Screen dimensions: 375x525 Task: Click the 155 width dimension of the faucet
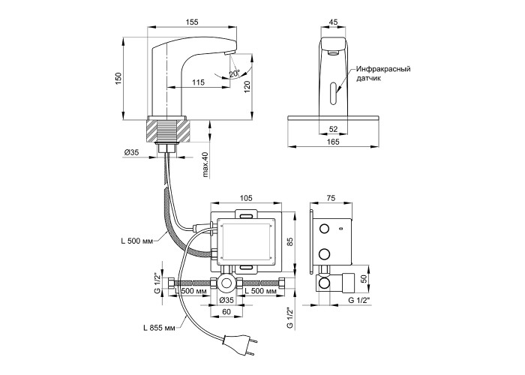tap(192, 22)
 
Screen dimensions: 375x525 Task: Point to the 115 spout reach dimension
tap(198, 82)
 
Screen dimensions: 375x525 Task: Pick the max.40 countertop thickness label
tap(205, 166)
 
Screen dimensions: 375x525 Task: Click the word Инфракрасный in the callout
tap(383, 69)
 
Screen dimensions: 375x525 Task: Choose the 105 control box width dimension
tap(244, 199)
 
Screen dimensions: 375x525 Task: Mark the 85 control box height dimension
tap(289, 241)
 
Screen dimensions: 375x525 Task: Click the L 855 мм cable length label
tap(160, 328)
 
